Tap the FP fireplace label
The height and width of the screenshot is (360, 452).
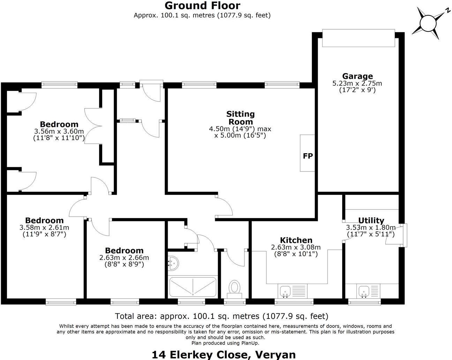click(x=308, y=156)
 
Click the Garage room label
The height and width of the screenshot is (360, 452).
click(x=357, y=76)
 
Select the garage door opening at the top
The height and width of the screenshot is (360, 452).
click(x=358, y=38)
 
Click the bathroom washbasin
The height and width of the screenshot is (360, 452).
click(x=173, y=263)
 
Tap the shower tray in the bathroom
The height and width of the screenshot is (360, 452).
click(x=193, y=286)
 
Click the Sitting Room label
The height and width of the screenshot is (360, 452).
click(x=240, y=118)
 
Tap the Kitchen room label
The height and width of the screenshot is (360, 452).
click(x=296, y=240)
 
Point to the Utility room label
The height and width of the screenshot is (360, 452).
click(x=371, y=220)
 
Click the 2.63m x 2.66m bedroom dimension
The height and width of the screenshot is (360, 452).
click(x=124, y=258)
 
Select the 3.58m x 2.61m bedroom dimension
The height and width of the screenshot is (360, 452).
click(x=44, y=228)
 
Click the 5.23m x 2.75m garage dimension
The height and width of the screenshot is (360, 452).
click(x=357, y=84)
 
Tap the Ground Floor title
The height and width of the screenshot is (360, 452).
click(x=202, y=6)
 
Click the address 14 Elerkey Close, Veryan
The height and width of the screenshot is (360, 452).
click(x=224, y=354)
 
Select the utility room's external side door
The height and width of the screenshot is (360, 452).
click(x=405, y=236)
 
